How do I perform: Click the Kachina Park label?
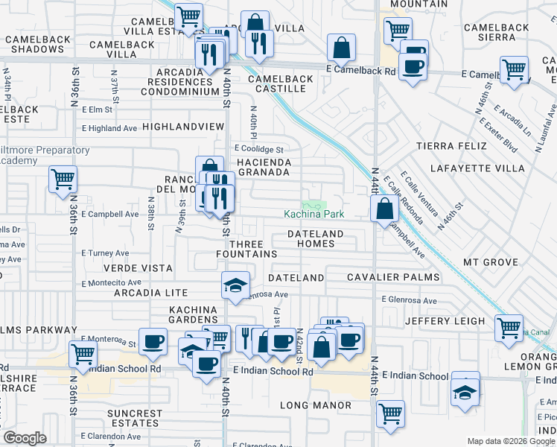point(313,215)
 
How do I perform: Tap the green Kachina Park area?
point(314,205)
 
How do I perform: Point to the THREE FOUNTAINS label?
point(252,249)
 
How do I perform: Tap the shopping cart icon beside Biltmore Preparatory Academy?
point(63,179)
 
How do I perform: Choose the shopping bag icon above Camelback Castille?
point(341,48)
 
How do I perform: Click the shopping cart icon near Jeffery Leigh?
point(509,328)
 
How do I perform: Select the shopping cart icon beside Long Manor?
point(390,413)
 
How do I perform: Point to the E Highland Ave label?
point(109,128)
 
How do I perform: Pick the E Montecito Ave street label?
point(112,283)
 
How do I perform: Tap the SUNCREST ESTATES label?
point(134,418)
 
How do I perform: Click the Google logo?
point(25,438)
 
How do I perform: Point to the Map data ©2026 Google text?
point(511,440)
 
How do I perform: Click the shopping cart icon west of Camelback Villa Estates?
point(189,15)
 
